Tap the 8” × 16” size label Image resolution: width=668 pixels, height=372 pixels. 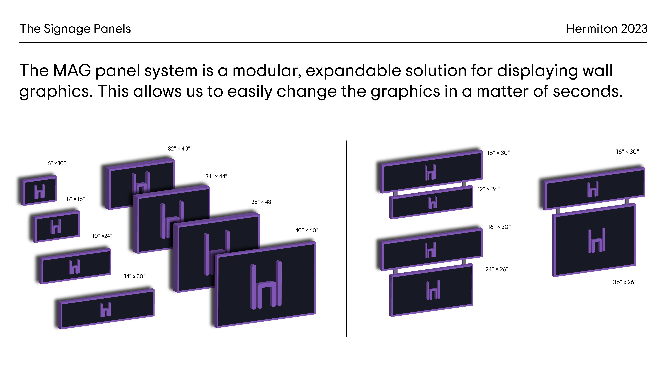pyautogui.click(x=76, y=199)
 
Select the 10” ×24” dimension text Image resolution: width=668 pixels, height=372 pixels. pyautogui.click(x=102, y=236)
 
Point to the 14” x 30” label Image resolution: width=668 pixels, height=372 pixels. pyautogui.click(x=135, y=276)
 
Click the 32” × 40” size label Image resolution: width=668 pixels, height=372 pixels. pyautogui.click(x=179, y=149)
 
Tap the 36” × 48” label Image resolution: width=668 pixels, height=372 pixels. pyautogui.click(x=262, y=202)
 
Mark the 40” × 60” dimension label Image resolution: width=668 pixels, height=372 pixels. pyautogui.click(x=307, y=230)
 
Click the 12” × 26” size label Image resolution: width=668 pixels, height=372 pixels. pyautogui.click(x=489, y=189)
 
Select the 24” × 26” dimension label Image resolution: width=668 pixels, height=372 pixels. pyautogui.click(x=497, y=269)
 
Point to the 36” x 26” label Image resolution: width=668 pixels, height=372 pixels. pyautogui.click(x=624, y=282)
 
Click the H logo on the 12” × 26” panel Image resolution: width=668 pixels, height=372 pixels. pyautogui.click(x=433, y=202)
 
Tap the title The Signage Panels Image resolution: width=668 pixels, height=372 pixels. pyautogui.click(x=75, y=29)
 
